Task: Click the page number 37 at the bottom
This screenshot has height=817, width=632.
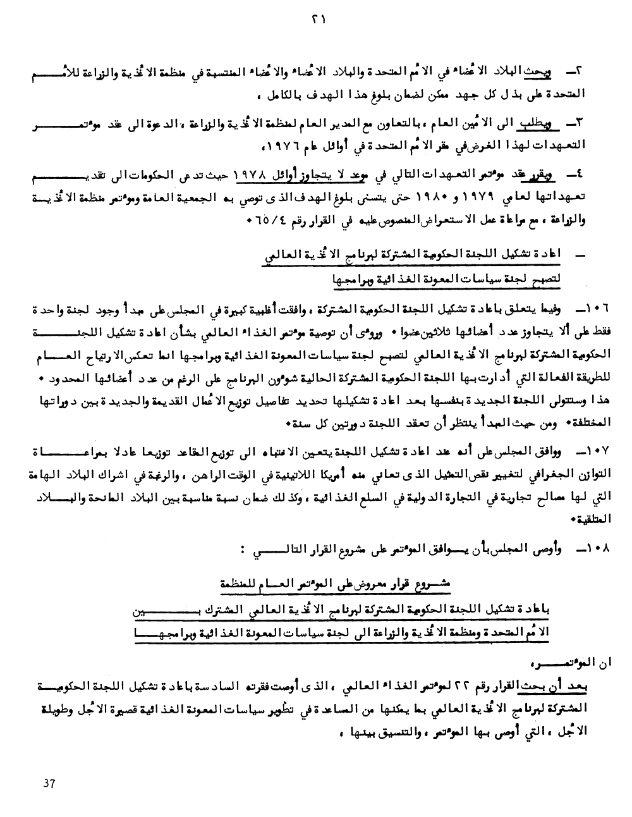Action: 49,783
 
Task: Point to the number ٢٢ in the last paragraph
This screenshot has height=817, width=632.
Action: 472,687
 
